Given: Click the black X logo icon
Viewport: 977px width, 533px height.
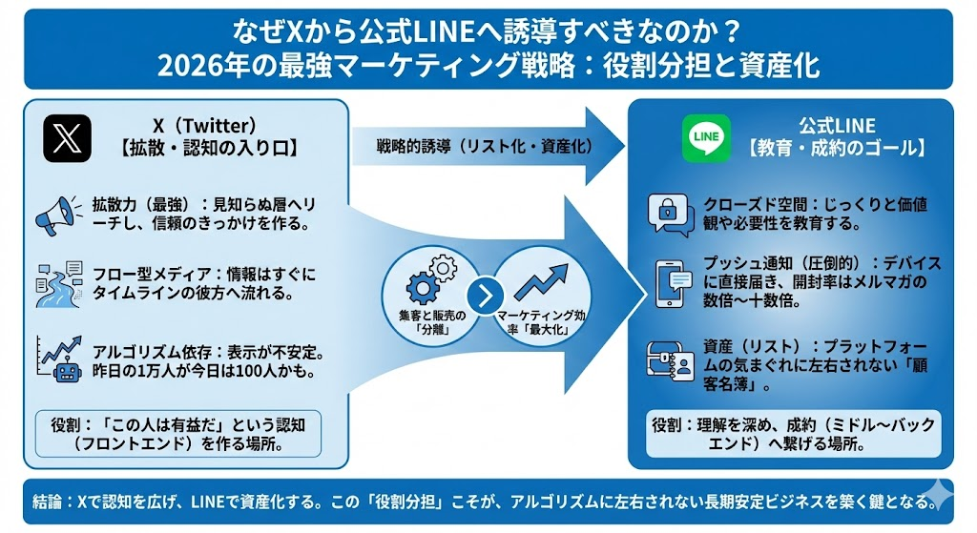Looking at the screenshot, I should [x=67, y=138].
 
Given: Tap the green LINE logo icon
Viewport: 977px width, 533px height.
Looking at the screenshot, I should [x=707, y=138].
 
